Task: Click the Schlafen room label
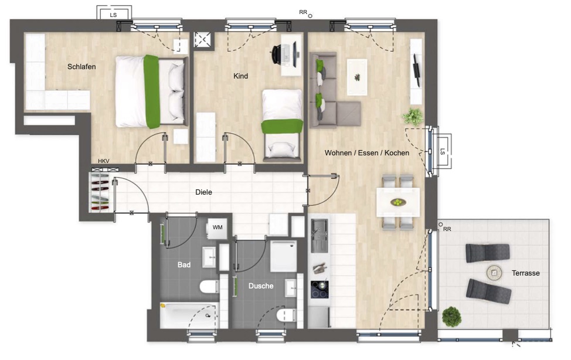(x=81, y=67)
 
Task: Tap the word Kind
(x=241, y=76)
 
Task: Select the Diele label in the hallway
(x=203, y=192)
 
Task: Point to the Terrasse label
(x=525, y=273)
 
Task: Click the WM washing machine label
(x=217, y=227)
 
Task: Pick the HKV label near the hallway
(x=104, y=161)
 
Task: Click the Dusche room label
(x=261, y=286)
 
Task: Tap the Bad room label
(x=184, y=265)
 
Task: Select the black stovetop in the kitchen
(x=320, y=290)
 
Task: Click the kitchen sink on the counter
(x=320, y=236)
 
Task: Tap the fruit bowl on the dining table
(x=398, y=202)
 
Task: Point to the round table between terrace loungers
(x=494, y=273)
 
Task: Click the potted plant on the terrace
(x=451, y=317)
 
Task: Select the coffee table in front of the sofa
(x=357, y=77)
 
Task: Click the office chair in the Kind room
(x=278, y=55)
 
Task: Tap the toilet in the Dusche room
(x=286, y=315)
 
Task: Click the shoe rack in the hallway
(x=100, y=192)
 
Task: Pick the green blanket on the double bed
(x=151, y=91)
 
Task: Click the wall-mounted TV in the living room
(x=416, y=70)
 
